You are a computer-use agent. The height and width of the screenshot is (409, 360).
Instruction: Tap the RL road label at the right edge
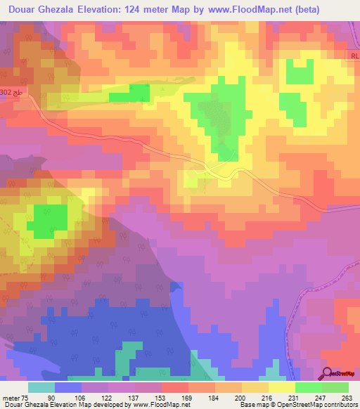353,53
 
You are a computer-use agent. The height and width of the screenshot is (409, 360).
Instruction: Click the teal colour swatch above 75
41,387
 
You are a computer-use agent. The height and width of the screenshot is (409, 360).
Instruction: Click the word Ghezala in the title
70,9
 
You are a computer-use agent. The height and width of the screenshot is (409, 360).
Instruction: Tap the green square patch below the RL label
300,72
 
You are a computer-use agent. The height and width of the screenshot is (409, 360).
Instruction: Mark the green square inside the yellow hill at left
47,220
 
